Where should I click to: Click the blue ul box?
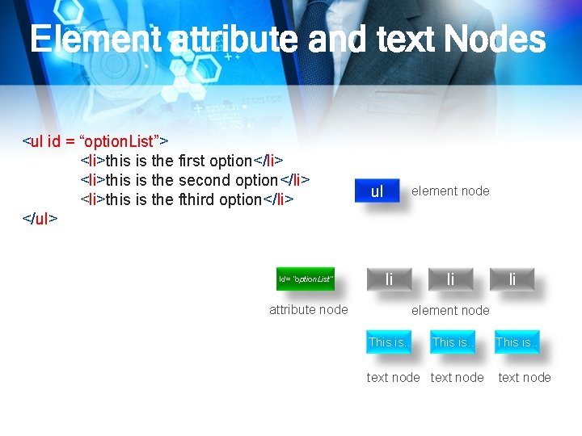[x=377, y=192]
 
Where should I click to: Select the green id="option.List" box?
[x=305, y=279]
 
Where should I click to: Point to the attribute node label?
[x=309, y=309]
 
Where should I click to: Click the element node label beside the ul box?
[x=450, y=191]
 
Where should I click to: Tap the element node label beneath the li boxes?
[x=450, y=310]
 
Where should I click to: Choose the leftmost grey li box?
[x=389, y=279]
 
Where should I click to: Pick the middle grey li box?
[x=450, y=279]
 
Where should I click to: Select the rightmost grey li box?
[x=512, y=279]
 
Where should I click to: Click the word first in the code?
[x=192, y=161]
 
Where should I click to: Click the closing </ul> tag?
[x=40, y=219]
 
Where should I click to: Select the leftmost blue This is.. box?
[x=389, y=342]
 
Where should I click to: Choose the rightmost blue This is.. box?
[x=517, y=342]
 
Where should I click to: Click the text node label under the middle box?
[x=457, y=377]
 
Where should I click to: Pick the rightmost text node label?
[x=525, y=377]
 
